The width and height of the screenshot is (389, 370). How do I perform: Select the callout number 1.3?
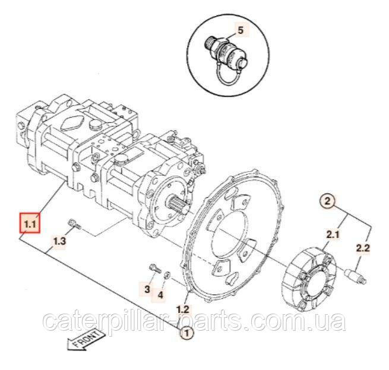[x=59, y=241]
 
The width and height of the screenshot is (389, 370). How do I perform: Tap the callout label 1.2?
[x=183, y=309]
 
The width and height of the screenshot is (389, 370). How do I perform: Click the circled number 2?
[x=327, y=201]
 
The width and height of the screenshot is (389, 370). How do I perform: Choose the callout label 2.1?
[x=333, y=234]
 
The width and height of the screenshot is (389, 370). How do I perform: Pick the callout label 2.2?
[x=363, y=248]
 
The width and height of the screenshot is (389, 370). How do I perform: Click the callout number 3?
[x=147, y=289]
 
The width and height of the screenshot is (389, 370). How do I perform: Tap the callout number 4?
[x=160, y=295]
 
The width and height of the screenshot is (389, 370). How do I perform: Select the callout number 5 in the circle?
[x=241, y=30]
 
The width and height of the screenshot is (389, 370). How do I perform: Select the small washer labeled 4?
[x=167, y=274]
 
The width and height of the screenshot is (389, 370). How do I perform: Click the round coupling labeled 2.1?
[x=309, y=280]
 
